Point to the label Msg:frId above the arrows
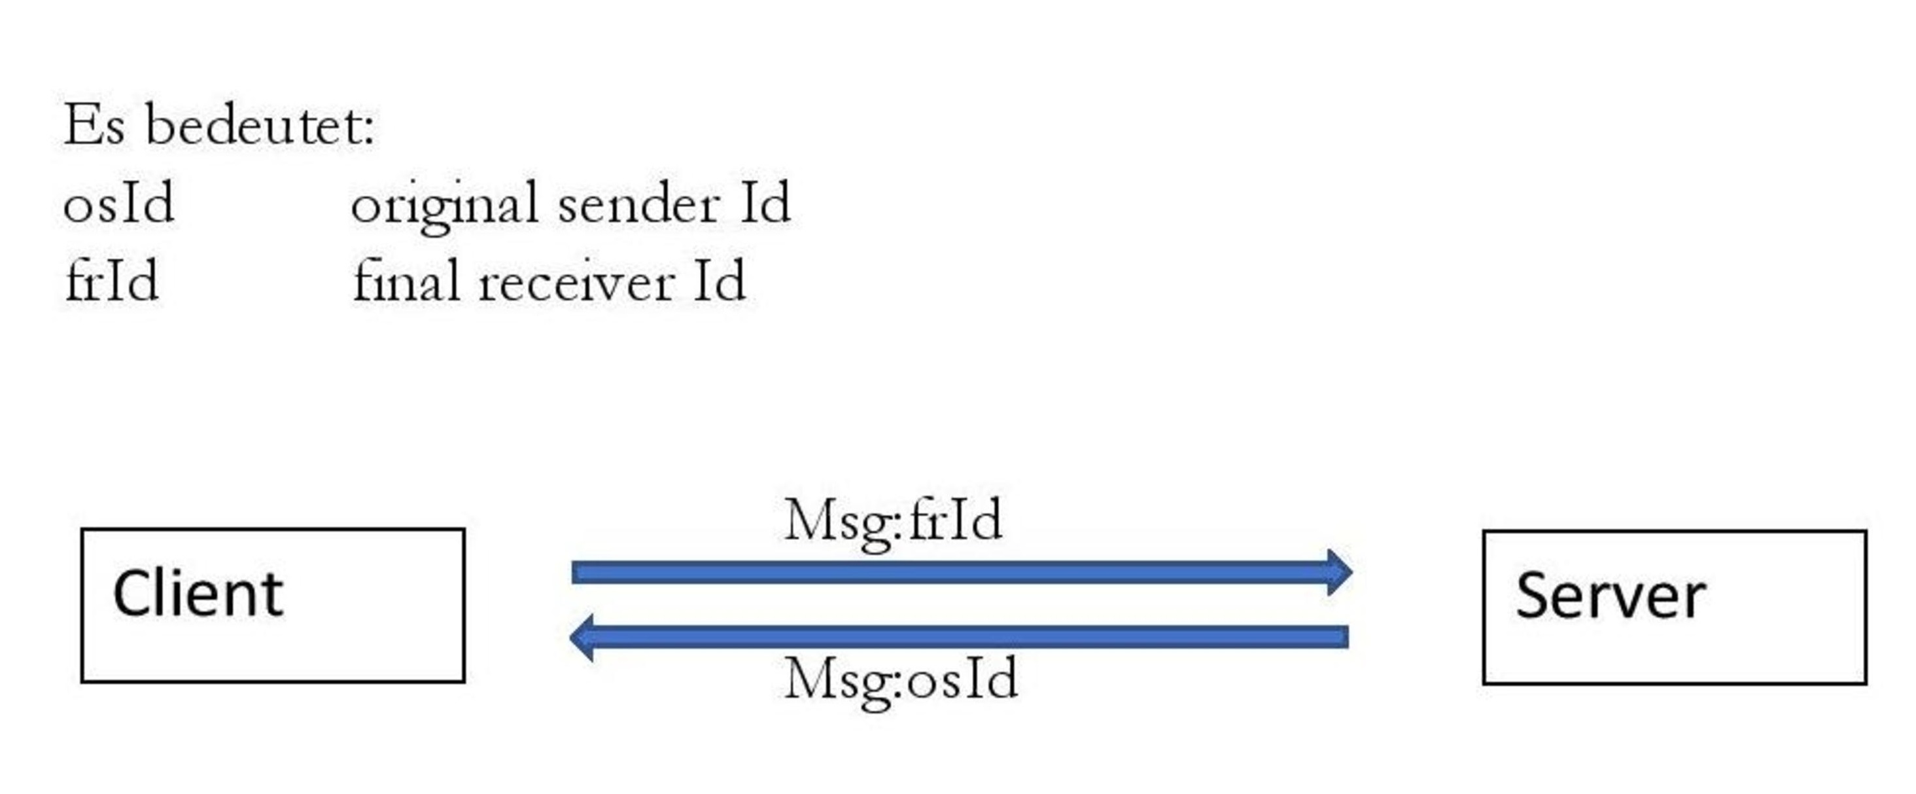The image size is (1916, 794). tap(894, 524)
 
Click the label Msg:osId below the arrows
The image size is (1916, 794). tap(901, 681)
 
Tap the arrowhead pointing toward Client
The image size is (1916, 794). tap(582, 638)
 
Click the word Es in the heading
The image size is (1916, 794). tap(94, 126)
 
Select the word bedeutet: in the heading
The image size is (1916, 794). tap(260, 124)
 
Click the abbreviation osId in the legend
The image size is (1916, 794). tap(119, 202)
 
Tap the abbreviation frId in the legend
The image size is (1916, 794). tap(112, 281)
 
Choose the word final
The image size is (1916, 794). tap(406, 281)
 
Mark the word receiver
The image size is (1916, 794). tap(576, 282)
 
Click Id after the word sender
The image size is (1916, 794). tap(765, 202)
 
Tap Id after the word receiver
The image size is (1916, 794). tap(720, 281)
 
